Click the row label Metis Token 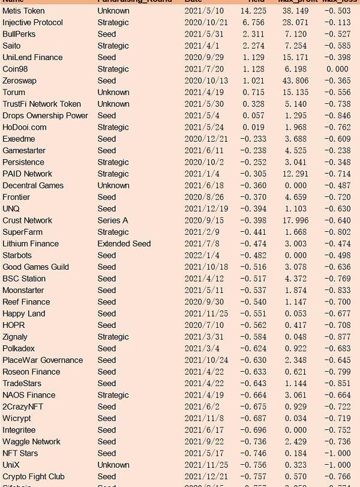coord(23,11)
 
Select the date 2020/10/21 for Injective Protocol coord(204,23)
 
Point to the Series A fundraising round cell coord(113,220)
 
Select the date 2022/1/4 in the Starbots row coord(200,256)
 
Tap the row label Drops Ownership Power coord(45,116)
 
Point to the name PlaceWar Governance coord(43,360)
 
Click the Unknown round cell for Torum coord(113,92)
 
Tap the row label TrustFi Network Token coord(41,104)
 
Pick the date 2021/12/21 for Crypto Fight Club coord(204,477)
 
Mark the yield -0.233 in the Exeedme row coord(253,139)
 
